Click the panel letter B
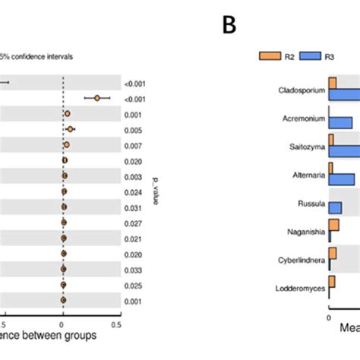[229, 26]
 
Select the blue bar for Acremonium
[340, 122]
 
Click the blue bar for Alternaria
[342, 178]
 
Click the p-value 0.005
[133, 129]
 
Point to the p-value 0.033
[133, 269]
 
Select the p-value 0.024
[133, 191]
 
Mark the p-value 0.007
[133, 145]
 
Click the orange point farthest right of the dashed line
[97, 97]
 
